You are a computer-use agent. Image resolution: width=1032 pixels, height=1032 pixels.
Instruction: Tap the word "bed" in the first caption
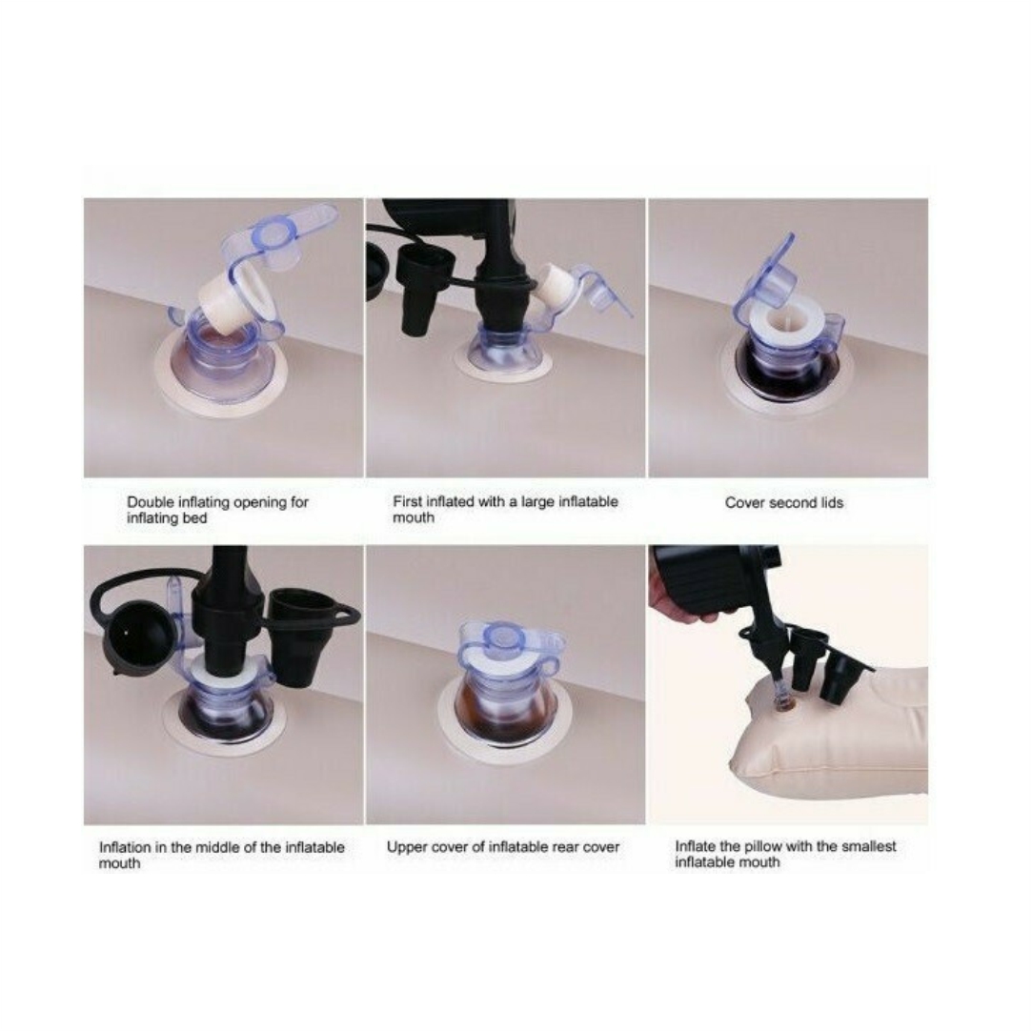point(194,518)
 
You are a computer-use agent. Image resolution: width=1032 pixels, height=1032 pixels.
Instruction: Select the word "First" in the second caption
point(408,501)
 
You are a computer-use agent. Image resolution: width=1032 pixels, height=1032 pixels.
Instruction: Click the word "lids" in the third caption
point(832,503)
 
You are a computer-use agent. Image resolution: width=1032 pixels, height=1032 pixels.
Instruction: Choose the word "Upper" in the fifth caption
point(405,848)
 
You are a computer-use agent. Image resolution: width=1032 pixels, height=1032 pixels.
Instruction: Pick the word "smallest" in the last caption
point(867,846)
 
